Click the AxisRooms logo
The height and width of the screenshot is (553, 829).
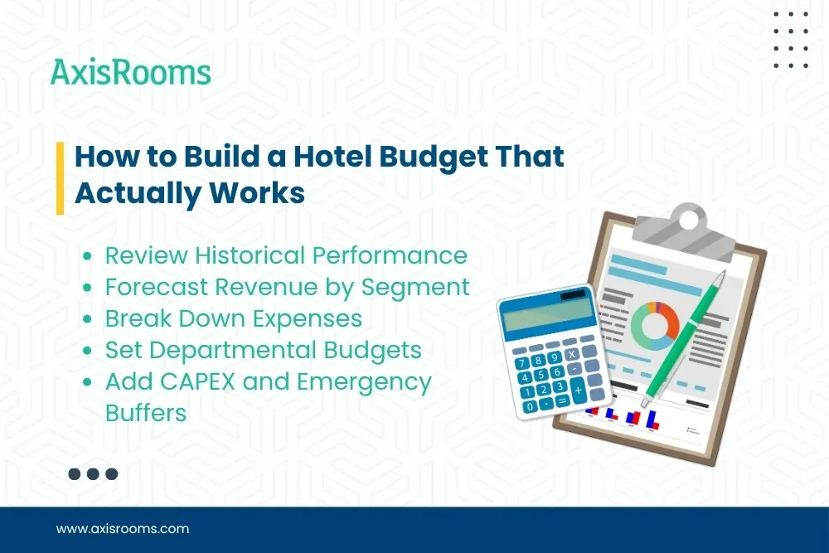coord(131,72)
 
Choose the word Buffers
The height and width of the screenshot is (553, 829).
coord(146,412)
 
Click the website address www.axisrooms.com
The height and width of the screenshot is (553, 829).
coord(123,528)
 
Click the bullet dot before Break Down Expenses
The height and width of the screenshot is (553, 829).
coord(88,319)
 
